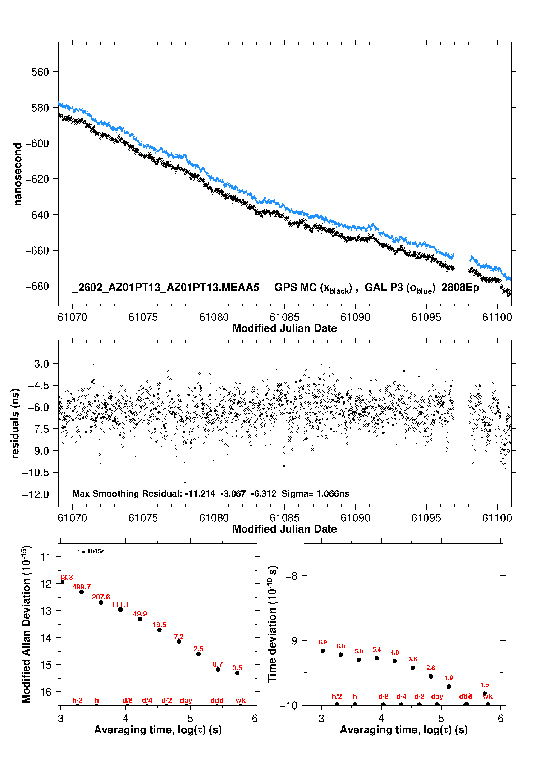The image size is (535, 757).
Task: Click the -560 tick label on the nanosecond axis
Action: (37, 72)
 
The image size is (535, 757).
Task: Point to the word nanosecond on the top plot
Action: (17, 174)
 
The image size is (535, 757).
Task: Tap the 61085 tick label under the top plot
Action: (284, 317)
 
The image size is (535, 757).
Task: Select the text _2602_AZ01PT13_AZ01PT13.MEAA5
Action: (165, 287)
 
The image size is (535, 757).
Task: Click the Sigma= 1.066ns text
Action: (315, 493)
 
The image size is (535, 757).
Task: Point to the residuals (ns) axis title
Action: (15, 423)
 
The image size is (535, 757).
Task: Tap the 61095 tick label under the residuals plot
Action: (426, 518)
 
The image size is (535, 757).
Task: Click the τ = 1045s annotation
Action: (91, 551)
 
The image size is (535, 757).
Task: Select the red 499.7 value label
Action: (82, 587)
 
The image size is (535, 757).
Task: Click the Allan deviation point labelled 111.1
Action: (120, 609)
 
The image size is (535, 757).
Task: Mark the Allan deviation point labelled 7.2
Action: (179, 641)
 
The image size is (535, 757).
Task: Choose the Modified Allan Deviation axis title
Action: (26, 624)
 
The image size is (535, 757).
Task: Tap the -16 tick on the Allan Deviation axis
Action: (42, 692)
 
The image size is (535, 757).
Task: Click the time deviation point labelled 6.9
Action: (323, 651)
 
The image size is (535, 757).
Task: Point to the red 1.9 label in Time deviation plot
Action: (448, 678)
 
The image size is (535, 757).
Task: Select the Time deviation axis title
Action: (272, 624)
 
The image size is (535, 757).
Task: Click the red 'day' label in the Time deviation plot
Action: (437, 697)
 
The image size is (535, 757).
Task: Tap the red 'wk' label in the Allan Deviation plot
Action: (241, 700)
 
